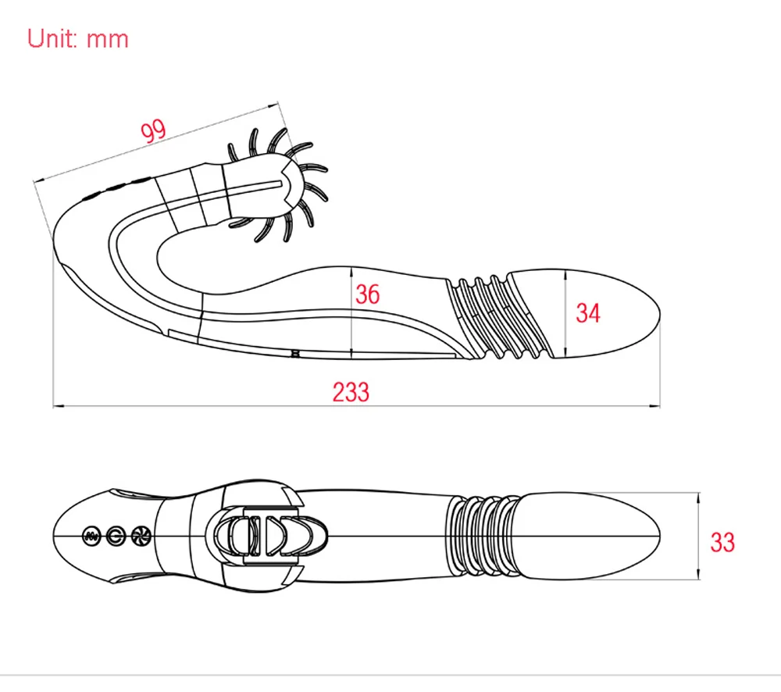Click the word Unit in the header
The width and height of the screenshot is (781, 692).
pyautogui.click(x=52, y=38)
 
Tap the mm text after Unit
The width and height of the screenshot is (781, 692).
pyautogui.click(x=108, y=40)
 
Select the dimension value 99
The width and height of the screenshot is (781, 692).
pyautogui.click(x=153, y=131)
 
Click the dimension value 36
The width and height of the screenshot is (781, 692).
pyautogui.click(x=368, y=294)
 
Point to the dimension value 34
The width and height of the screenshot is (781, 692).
pyautogui.click(x=588, y=313)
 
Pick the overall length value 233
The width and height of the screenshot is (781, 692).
pyautogui.click(x=351, y=392)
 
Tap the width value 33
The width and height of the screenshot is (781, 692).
pyautogui.click(x=722, y=542)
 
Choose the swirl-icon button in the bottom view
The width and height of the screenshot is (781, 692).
pyautogui.click(x=141, y=536)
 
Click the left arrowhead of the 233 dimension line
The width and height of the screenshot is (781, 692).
pyautogui.click(x=58, y=407)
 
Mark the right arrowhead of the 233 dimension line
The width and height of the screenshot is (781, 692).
pyautogui.click(x=655, y=407)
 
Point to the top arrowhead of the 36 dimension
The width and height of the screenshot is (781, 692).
pyautogui.click(x=351, y=272)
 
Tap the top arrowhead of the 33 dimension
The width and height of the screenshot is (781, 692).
pyautogui.click(x=698, y=498)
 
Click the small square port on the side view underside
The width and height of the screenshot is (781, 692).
pyautogui.click(x=295, y=353)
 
